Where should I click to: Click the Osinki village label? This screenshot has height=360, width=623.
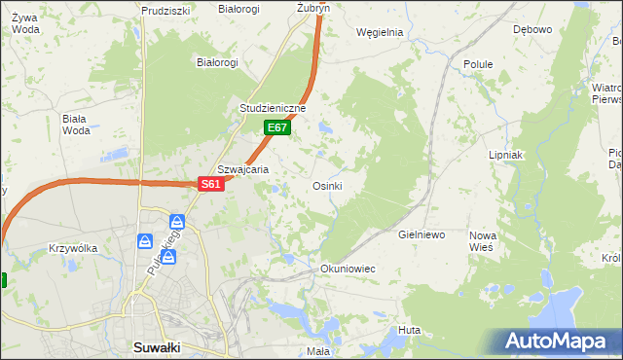326,186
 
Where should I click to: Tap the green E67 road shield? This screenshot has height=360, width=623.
276,127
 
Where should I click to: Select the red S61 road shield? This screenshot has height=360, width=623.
212,184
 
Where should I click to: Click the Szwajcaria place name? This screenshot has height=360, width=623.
242,168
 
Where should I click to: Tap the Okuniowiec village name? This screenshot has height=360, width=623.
348,268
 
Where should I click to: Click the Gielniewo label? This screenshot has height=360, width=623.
421,235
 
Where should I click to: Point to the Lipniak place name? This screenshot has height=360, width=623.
506,155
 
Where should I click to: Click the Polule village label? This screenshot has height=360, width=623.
478,64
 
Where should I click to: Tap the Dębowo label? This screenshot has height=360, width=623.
532,29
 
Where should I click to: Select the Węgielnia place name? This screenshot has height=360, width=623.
380,31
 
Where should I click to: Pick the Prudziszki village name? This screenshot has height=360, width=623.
164,10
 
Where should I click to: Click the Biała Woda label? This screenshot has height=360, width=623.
75,125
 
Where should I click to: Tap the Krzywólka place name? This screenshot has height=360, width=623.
73,248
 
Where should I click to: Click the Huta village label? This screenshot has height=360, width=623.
409,330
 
